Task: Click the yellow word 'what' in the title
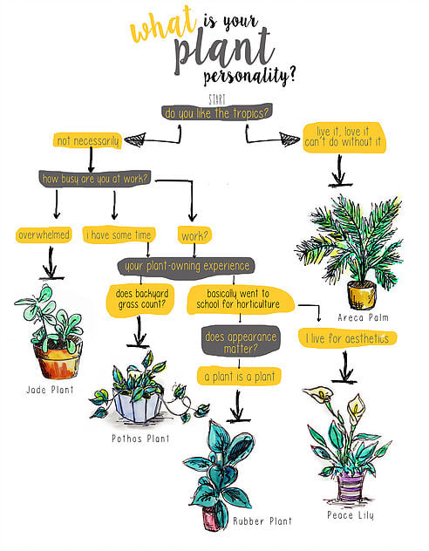pos(163,24)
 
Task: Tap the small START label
pos(217,99)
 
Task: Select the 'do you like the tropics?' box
pos(217,112)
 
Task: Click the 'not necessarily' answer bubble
pos(87,141)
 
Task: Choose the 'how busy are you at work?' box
pos(95,179)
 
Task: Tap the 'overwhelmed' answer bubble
pos(44,235)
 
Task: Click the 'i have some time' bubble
pos(119,235)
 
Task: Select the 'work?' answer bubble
pos(195,235)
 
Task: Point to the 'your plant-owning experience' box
pos(187,266)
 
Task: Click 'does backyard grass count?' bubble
pos(141,300)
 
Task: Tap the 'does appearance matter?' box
pos(241,342)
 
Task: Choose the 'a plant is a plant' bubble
pos(239,377)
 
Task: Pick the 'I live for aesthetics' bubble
pos(348,338)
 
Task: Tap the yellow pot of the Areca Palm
pos(362,295)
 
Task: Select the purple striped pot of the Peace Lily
pos(350,486)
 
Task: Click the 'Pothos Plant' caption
pos(140,439)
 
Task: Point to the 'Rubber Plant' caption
pos(262,520)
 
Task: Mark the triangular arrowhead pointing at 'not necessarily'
pos(136,139)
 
